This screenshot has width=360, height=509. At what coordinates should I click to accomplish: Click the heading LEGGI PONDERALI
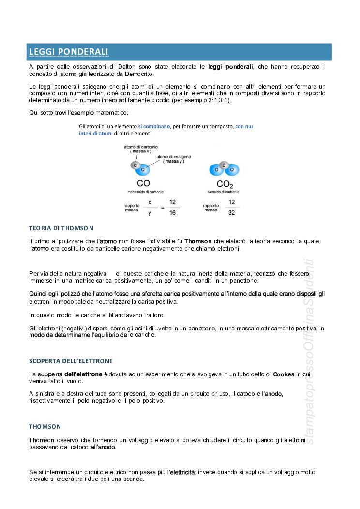point(68,52)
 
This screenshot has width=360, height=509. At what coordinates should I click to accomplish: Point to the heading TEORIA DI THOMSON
point(61,228)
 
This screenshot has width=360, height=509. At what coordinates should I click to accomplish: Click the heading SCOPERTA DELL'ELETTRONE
point(71,361)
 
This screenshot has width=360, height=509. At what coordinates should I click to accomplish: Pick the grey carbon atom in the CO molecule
point(135,165)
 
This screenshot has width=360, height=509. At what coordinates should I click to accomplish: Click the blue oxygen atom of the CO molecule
point(143,170)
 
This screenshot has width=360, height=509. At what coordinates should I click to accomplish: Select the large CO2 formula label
point(225,184)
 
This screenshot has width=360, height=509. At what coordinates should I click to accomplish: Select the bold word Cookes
point(284,374)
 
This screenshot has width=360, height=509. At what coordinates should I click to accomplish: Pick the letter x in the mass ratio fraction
point(150,202)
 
